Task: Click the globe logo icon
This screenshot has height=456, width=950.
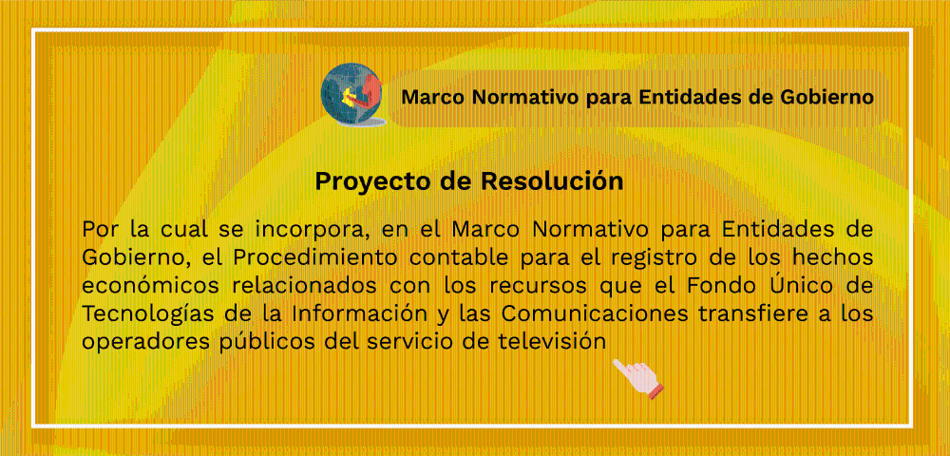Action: pos(352,95)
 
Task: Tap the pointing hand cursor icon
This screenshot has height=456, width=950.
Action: pos(637,378)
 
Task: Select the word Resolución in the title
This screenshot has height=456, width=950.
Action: pos(553,181)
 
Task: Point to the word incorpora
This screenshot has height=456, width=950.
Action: pos(307,231)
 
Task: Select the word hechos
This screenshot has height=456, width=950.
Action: pos(832,256)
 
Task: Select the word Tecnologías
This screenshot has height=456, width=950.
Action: pos(144,314)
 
